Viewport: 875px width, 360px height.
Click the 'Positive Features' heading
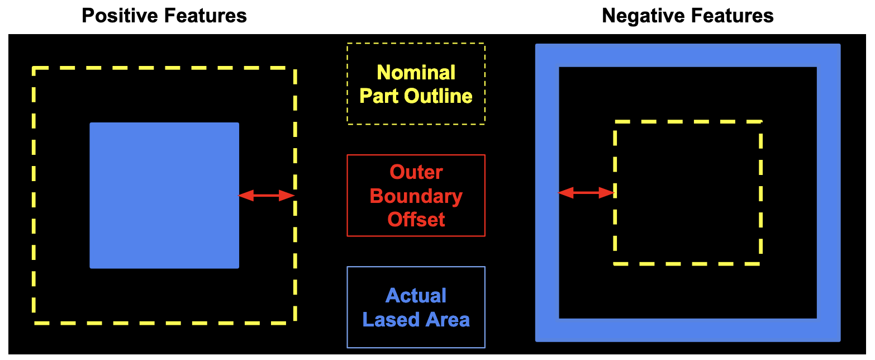[x=164, y=16]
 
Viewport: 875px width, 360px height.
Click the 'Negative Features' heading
[x=688, y=16]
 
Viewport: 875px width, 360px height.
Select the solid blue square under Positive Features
[x=164, y=195]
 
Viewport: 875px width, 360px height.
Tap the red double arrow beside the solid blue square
[x=267, y=195]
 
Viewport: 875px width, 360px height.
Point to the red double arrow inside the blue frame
[x=587, y=193]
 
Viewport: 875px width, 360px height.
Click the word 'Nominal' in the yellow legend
[x=416, y=73]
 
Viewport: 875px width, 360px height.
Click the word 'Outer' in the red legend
[x=416, y=172]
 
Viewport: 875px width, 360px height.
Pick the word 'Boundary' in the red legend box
[x=416, y=196]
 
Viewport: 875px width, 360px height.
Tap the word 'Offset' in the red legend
[x=416, y=220]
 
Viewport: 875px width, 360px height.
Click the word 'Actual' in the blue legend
[x=416, y=296]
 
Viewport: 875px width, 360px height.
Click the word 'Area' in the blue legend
[x=445, y=320]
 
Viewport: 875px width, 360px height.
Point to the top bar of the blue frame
[x=688, y=55]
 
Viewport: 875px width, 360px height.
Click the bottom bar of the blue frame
[x=688, y=330]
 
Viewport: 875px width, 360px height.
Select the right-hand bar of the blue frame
[x=829, y=193]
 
